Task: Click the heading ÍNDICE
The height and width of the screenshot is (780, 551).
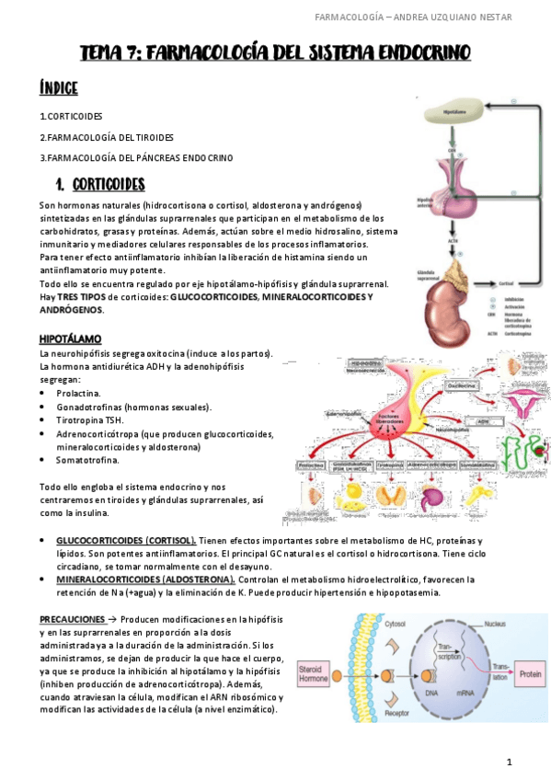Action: click(x=58, y=88)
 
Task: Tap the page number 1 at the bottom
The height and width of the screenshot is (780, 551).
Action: click(x=508, y=763)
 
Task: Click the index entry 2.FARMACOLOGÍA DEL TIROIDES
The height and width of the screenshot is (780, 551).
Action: click(x=107, y=137)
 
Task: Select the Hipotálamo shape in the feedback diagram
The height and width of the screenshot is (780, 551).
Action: click(x=450, y=113)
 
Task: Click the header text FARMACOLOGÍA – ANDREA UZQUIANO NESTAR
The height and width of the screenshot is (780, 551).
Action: click(x=426, y=17)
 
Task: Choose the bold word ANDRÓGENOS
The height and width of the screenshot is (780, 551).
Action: click(x=72, y=310)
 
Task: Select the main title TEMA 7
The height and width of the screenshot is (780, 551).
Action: click(x=275, y=52)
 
